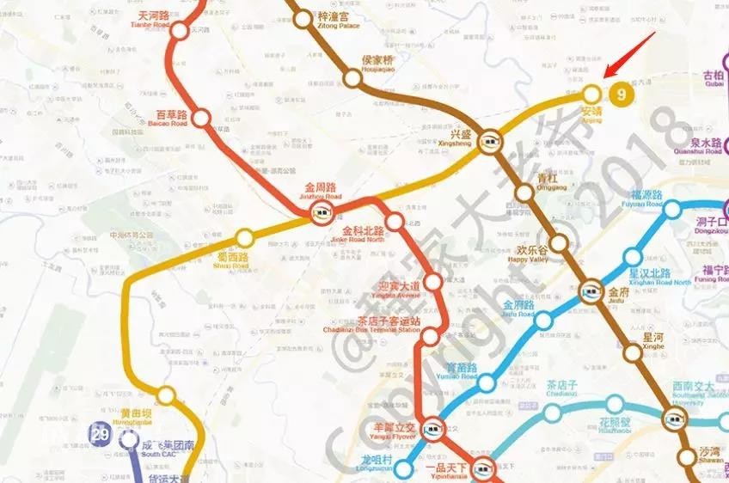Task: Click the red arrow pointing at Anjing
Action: pyautogui.click(x=630, y=53)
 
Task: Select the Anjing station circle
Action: pyautogui.click(x=591, y=94)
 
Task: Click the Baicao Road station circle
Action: pyautogui.click(x=201, y=118)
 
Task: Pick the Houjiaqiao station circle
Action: pyautogui.click(x=352, y=79)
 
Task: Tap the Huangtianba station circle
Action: pyautogui.click(x=166, y=395)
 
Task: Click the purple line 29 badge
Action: pyautogui.click(x=101, y=433)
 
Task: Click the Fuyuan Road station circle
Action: pyautogui.click(x=672, y=209)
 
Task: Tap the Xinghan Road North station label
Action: pyautogui.click(x=660, y=277)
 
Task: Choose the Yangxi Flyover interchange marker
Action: pyautogui.click(x=431, y=425)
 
